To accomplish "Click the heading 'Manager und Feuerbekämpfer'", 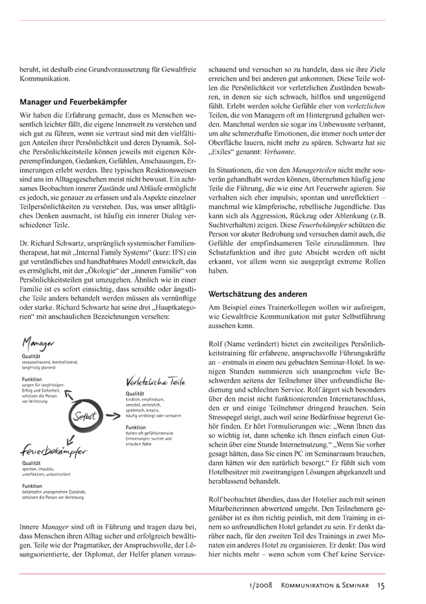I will pos(73,102).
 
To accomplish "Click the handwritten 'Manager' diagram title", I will pos(38,344).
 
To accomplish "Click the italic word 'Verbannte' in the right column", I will pos(277,152).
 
